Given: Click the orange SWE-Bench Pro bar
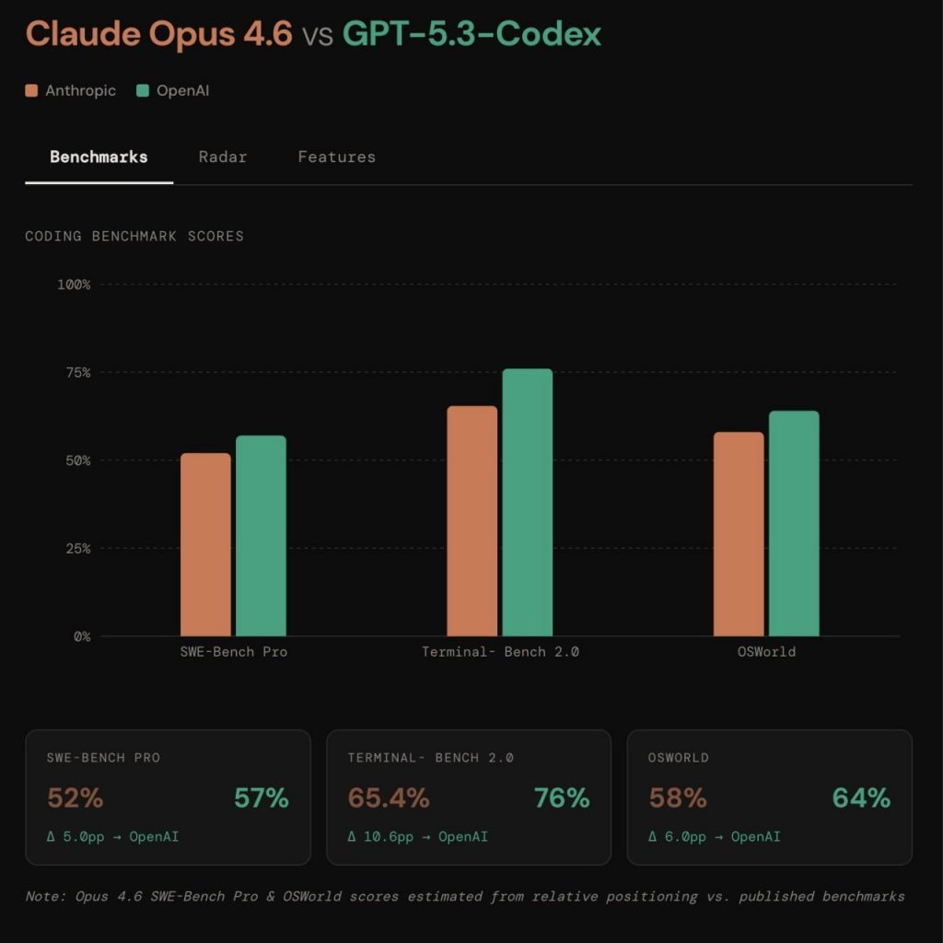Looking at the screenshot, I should (x=205, y=544).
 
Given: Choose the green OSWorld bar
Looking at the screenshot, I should (x=794, y=523).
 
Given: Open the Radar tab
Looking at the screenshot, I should (x=223, y=157).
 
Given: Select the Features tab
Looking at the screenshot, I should (x=336, y=157).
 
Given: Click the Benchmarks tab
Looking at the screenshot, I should (x=99, y=157).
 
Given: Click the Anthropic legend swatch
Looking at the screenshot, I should (x=32, y=90).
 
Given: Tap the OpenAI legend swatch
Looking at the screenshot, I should (x=142, y=90).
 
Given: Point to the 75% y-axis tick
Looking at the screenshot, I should (x=75, y=372).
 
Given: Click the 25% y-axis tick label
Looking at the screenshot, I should (x=75, y=548).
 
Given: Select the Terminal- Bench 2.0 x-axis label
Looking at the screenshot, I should (x=500, y=652).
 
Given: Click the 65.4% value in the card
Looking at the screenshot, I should (x=388, y=797).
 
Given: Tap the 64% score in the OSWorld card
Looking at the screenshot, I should (x=861, y=797).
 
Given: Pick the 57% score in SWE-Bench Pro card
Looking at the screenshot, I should (x=261, y=797).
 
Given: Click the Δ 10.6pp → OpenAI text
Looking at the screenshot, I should (x=417, y=836).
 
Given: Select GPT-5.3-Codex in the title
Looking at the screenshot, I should (x=471, y=34).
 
